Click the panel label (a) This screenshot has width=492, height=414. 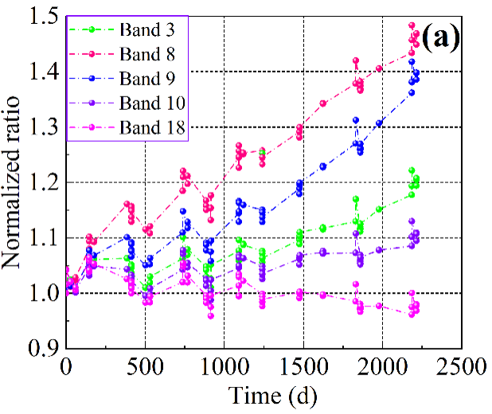(441, 37)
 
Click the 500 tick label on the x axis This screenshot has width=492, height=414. (144, 368)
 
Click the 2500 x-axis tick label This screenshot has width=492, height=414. (459, 368)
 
